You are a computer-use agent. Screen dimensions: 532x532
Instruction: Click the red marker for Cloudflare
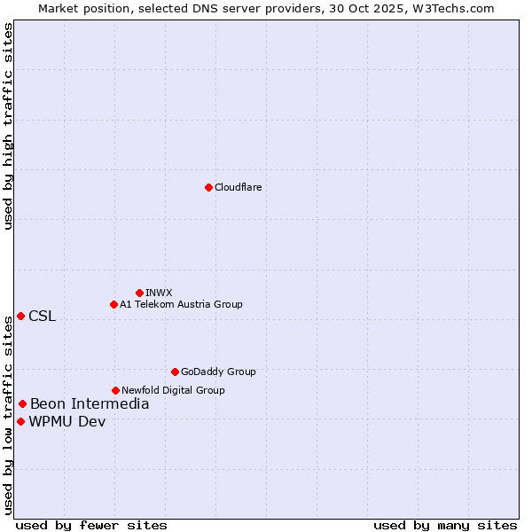(x=208, y=187)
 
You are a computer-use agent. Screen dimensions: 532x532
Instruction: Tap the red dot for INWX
(x=139, y=293)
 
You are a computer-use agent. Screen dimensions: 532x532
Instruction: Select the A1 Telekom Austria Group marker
(x=113, y=304)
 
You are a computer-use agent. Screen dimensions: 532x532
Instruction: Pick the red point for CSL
(x=20, y=316)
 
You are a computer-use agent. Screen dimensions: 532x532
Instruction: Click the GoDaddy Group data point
(x=175, y=372)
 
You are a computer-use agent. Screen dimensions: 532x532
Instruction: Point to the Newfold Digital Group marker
(x=115, y=390)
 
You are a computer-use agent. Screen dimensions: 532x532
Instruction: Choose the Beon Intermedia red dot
(x=22, y=404)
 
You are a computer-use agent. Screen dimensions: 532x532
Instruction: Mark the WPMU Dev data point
(x=20, y=421)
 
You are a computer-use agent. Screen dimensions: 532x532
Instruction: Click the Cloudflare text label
(x=238, y=187)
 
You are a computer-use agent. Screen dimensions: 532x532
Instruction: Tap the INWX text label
(x=159, y=293)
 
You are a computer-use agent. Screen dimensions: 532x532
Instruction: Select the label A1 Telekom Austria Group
(x=181, y=304)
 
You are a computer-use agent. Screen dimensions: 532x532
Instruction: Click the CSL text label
(x=42, y=317)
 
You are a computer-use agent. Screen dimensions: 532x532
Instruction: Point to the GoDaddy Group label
(x=218, y=372)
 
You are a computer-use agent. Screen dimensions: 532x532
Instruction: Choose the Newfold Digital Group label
(x=173, y=390)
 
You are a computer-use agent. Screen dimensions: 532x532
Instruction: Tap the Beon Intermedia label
(x=90, y=404)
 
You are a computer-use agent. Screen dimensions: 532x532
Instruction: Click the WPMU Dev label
(x=66, y=422)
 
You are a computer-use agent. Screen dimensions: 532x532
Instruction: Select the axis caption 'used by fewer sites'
(x=91, y=526)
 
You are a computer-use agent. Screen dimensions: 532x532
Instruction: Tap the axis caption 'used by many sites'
(x=445, y=526)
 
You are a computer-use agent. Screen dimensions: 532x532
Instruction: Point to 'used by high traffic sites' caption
(x=8, y=126)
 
